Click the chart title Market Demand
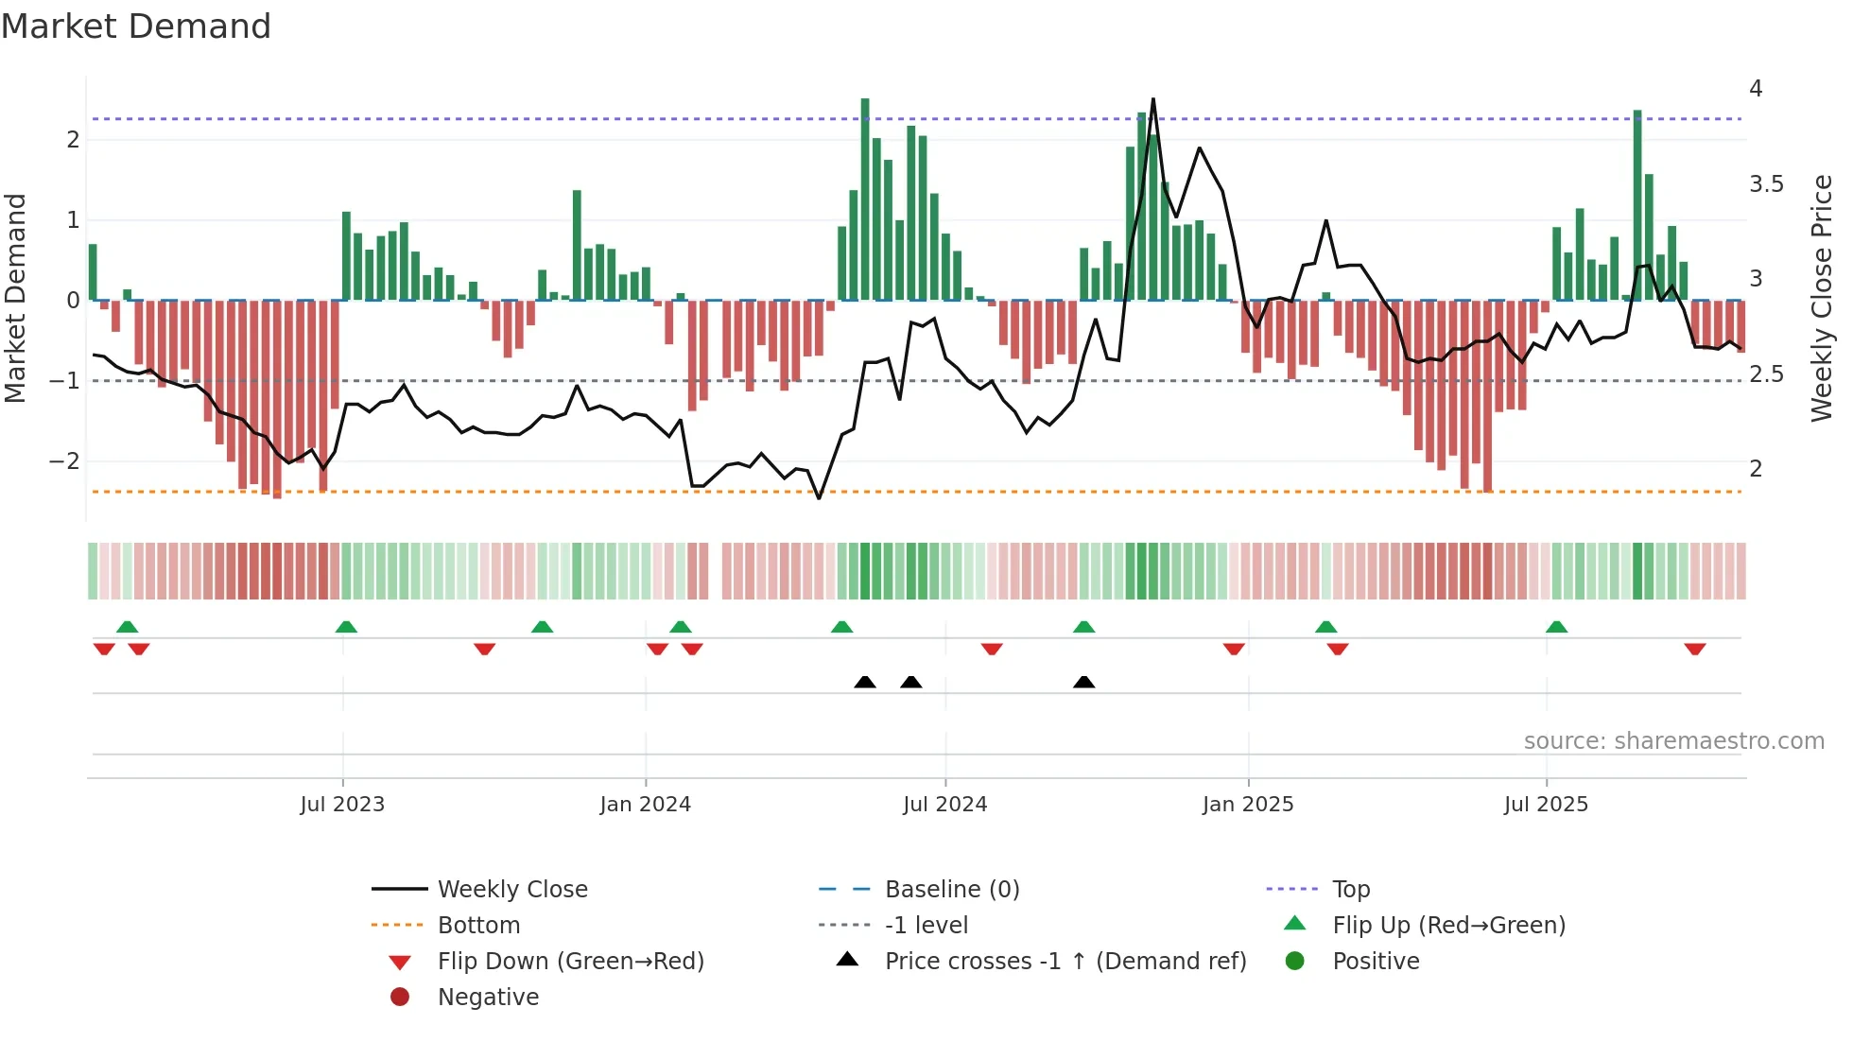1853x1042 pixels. click(x=136, y=26)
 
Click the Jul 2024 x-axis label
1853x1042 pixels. click(x=944, y=805)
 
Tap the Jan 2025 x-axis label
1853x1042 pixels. click(x=1247, y=805)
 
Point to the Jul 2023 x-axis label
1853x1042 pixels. click(x=342, y=805)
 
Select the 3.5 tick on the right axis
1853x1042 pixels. click(x=1765, y=184)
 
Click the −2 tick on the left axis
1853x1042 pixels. click(x=65, y=461)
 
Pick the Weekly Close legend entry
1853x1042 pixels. click(x=511, y=890)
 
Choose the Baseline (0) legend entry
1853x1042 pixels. click(x=951, y=890)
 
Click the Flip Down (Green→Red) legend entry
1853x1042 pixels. click(x=570, y=962)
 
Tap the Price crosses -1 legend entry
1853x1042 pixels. click(x=1065, y=962)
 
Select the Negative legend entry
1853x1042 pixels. click(x=488, y=998)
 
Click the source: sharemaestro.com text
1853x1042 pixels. click(x=1673, y=741)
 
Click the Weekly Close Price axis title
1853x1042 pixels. click(x=1821, y=298)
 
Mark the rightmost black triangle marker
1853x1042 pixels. click(x=1084, y=682)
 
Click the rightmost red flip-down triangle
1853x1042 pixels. click(x=1694, y=649)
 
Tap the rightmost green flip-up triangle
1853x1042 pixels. click(x=1556, y=627)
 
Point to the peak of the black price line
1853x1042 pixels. click(x=1152, y=99)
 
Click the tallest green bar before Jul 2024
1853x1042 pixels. click(x=865, y=199)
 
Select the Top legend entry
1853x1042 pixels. click(x=1350, y=890)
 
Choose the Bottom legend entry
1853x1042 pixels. click(x=478, y=926)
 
